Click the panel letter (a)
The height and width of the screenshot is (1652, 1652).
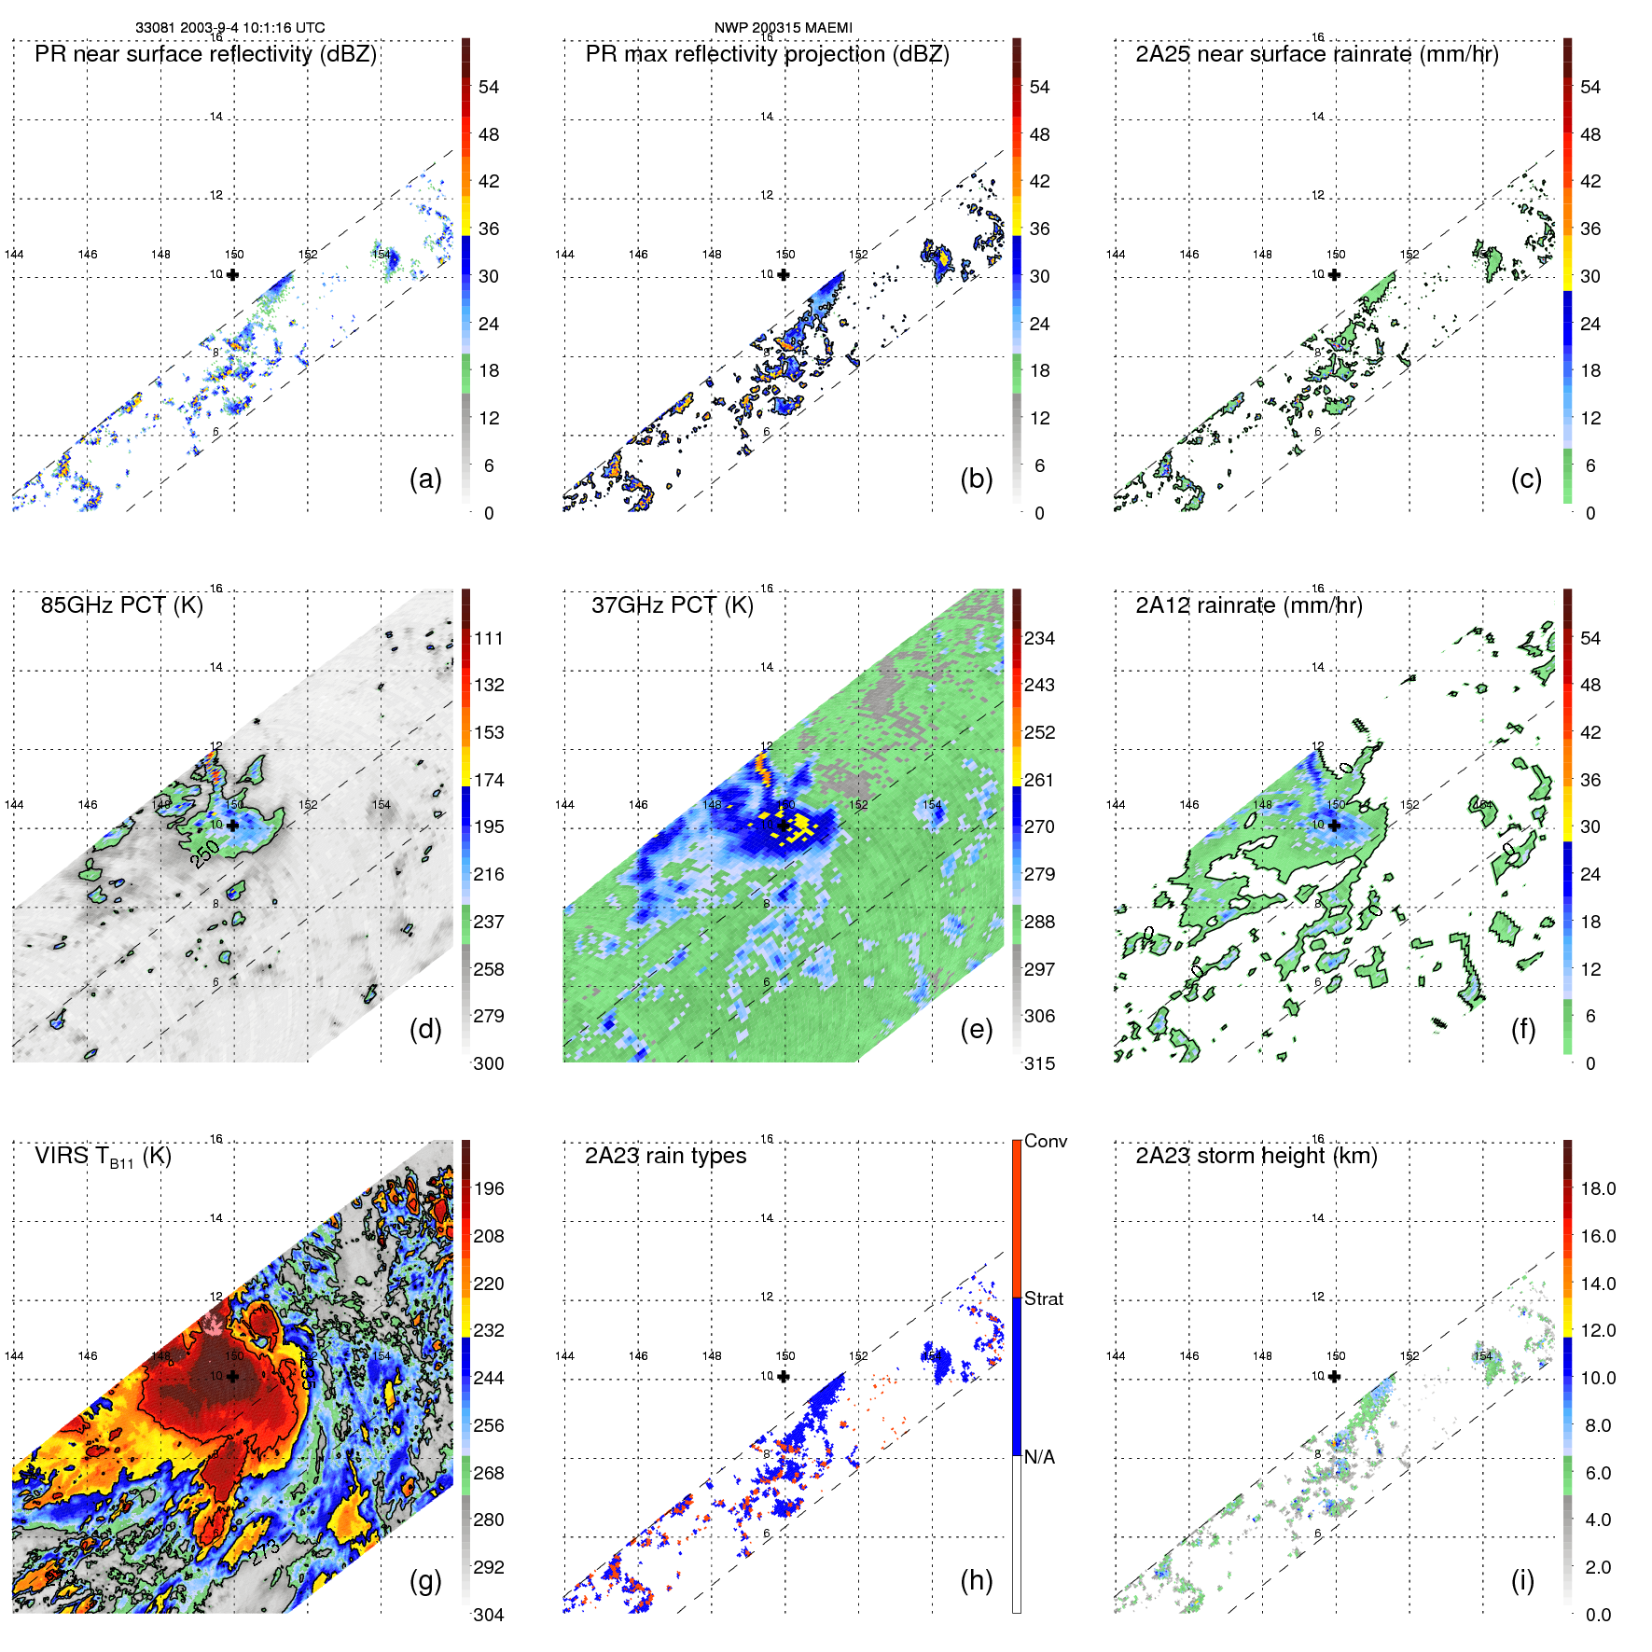[424, 479]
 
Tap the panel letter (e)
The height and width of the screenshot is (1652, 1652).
[976, 1029]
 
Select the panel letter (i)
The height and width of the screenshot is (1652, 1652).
[1522, 1580]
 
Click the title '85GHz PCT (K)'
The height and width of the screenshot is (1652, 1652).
[121, 604]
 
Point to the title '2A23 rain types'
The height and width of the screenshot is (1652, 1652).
[665, 1156]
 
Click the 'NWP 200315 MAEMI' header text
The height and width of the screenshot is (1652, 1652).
[783, 28]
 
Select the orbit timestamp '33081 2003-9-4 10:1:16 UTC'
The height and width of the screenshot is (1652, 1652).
[230, 28]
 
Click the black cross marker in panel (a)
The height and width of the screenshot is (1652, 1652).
[232, 274]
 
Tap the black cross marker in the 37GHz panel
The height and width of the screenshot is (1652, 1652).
[784, 826]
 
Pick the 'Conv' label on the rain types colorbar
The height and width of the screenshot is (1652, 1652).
[1045, 1141]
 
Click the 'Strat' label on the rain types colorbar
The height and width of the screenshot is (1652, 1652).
[1043, 1298]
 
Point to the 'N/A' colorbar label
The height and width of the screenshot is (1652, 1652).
[1039, 1457]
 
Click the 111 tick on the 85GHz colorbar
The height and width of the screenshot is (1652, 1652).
[489, 638]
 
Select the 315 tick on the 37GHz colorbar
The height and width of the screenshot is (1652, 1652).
[1039, 1063]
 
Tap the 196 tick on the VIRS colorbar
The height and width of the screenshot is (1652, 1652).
[489, 1188]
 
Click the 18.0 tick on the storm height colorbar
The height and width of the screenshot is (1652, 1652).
[1597, 1188]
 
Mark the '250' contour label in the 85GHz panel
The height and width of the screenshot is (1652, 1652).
[205, 852]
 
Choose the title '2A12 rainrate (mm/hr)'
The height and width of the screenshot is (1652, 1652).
[1248, 604]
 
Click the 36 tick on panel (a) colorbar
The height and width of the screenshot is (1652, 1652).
[489, 229]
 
